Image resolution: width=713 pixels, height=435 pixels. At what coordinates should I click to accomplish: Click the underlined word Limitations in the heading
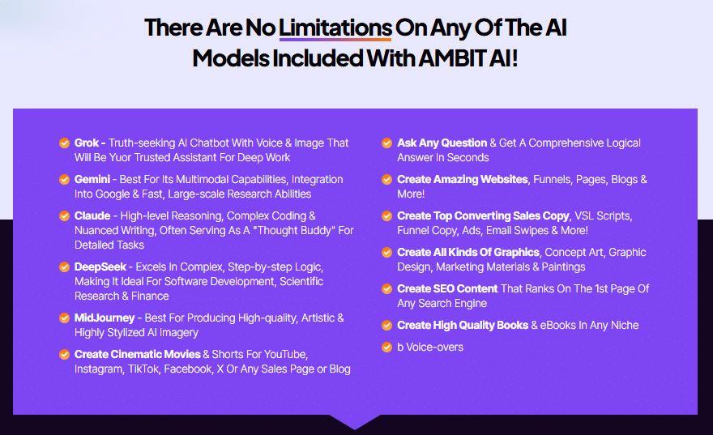click(335, 28)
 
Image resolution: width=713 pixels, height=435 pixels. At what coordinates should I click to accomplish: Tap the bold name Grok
click(87, 143)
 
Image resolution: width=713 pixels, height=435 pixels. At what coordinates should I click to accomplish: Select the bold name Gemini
click(92, 179)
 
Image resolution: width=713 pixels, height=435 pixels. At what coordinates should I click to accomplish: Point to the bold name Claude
click(92, 215)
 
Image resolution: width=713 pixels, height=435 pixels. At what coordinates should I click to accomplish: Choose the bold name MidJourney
click(105, 318)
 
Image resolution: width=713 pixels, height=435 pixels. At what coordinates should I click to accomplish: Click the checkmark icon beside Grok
click(65, 143)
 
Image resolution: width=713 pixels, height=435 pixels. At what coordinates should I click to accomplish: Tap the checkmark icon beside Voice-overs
click(387, 348)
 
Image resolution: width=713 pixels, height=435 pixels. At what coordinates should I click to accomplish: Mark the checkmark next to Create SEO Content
click(387, 288)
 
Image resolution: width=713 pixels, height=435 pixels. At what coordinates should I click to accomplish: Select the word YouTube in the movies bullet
click(285, 354)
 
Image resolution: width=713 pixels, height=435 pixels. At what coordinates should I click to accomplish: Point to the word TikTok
click(143, 369)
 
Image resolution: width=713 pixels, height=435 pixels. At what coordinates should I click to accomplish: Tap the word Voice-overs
click(435, 348)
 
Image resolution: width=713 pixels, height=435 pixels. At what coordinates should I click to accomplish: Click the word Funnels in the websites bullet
click(552, 180)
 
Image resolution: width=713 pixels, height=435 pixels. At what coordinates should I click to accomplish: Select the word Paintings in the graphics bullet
click(563, 267)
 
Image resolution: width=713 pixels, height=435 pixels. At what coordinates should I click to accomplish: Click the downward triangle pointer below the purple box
click(355, 422)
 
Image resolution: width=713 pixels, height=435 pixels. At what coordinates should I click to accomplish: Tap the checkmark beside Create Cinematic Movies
click(65, 354)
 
